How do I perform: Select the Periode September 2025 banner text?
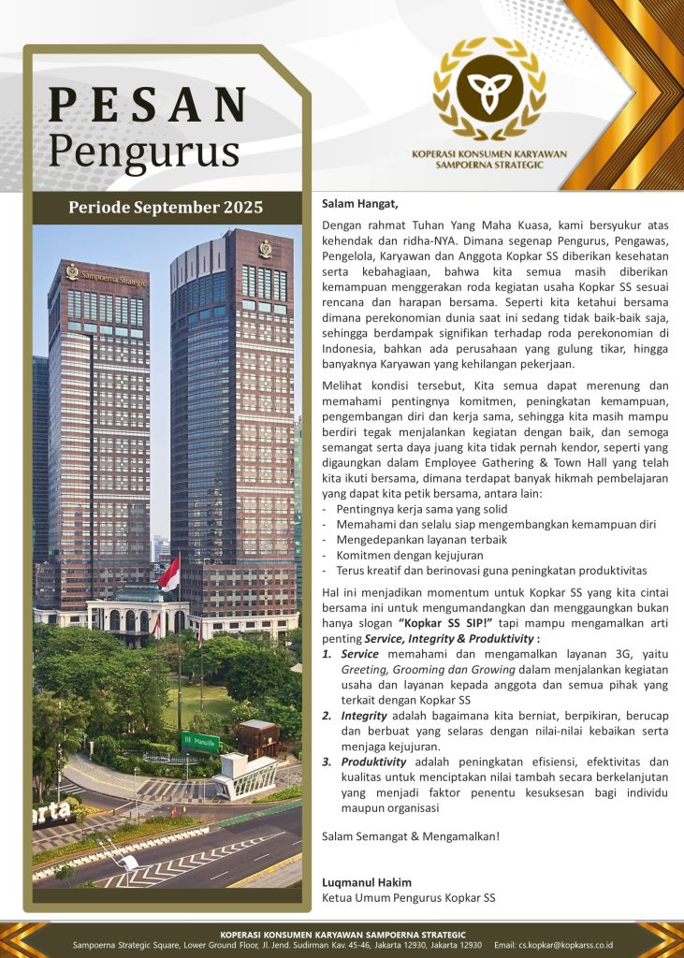[x=166, y=207]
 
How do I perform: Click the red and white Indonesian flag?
[x=170, y=573]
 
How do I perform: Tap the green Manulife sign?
[x=199, y=742]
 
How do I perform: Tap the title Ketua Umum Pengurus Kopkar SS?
[x=408, y=898]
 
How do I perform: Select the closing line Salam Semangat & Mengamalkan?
[x=411, y=835]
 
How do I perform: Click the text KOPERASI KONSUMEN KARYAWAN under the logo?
[x=488, y=154]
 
